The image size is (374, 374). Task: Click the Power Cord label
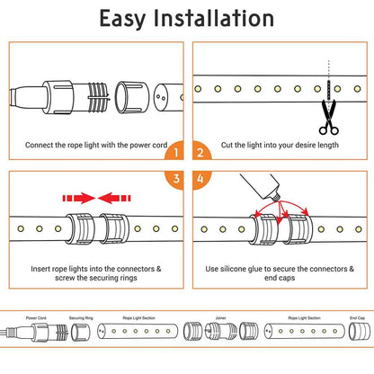click(37, 317)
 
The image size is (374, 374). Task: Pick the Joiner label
click(220, 317)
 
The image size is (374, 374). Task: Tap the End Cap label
click(356, 317)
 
